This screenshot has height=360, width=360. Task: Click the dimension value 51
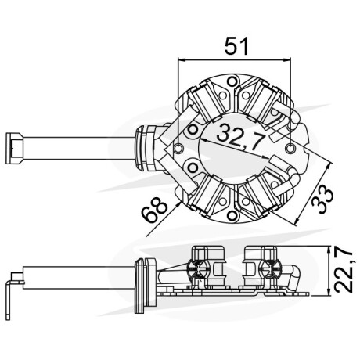pyautogui.click(x=236, y=46)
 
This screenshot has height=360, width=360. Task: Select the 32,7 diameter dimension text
pyautogui.click(x=240, y=136)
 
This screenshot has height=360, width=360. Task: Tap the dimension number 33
pyautogui.click(x=322, y=199)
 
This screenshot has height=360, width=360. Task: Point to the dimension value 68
pyautogui.click(x=154, y=210)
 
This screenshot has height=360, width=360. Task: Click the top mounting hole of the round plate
pyautogui.click(x=232, y=81)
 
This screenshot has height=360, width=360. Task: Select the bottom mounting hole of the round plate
pyautogui.click(x=232, y=215)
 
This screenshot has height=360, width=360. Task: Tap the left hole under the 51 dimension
pyautogui.click(x=178, y=149)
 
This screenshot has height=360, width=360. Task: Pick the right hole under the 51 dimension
pyautogui.click(x=290, y=149)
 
